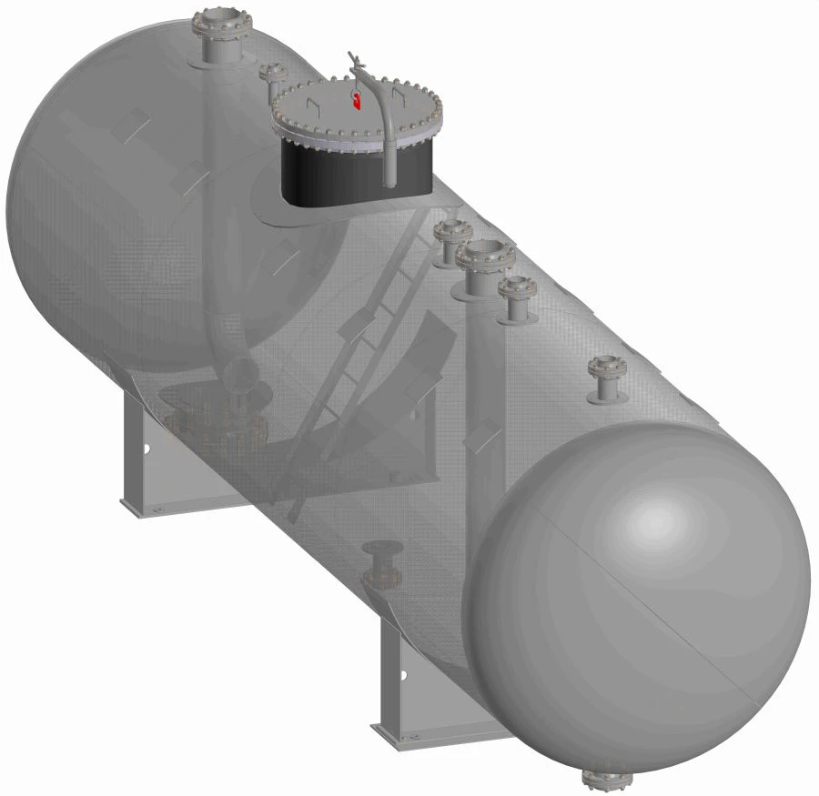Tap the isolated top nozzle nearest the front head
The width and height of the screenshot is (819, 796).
[x=606, y=378]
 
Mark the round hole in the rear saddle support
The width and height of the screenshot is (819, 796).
[x=146, y=448]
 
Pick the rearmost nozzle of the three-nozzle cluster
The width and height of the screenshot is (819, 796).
[x=448, y=241]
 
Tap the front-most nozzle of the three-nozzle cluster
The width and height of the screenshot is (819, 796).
[x=516, y=299]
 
